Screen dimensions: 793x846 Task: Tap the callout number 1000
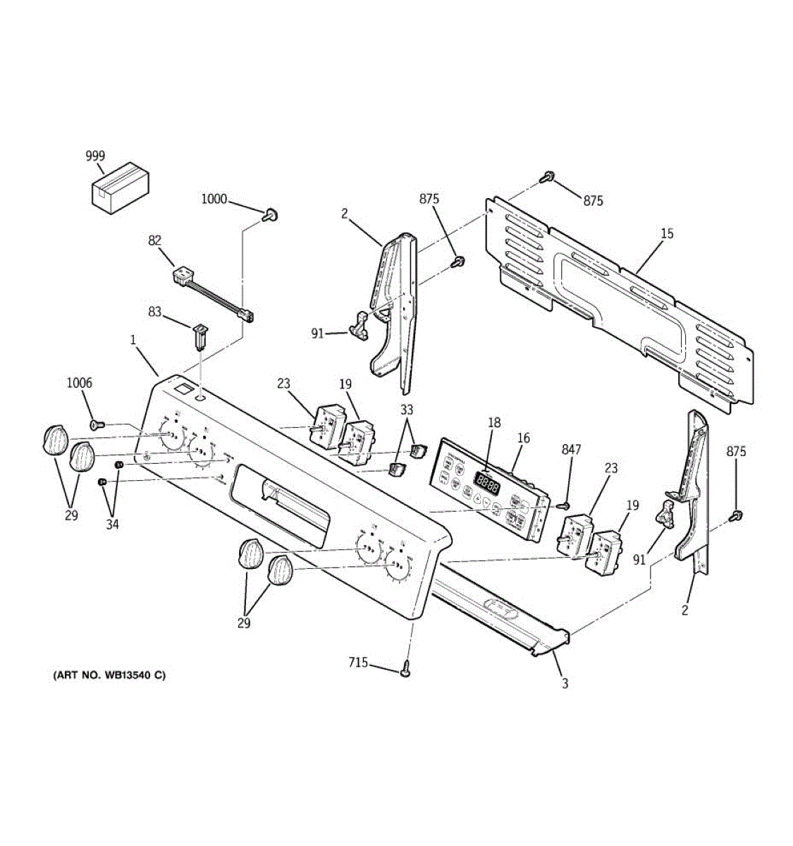coord(214,200)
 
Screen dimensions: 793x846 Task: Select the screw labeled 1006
coord(96,424)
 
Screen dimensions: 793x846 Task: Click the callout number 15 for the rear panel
coord(667,233)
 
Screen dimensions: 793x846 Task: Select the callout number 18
coord(494,423)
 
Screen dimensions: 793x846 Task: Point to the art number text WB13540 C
coord(109,675)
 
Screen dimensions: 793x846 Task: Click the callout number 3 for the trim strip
coord(565,683)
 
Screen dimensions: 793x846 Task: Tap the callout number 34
coord(113,525)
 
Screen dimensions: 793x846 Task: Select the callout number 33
coord(407,410)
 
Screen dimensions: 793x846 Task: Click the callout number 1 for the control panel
coord(133,340)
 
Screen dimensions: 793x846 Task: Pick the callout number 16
coord(523,439)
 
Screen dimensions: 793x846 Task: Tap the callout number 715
coord(358,663)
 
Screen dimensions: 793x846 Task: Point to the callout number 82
coord(155,240)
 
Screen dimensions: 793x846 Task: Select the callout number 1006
coord(79,383)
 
